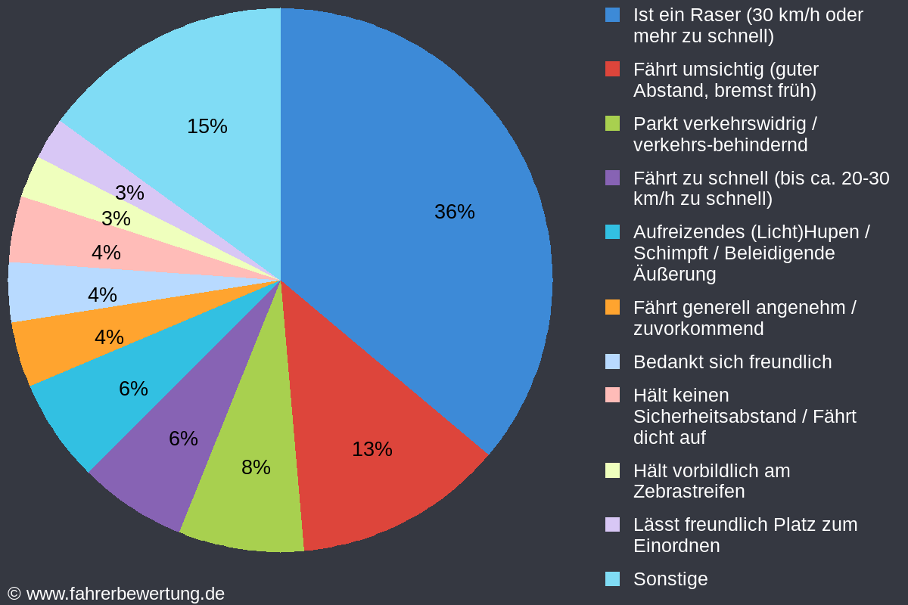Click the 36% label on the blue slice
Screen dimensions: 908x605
pos(455,212)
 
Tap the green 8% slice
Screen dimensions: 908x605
pos(251,466)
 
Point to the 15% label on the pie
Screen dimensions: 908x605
pos(207,126)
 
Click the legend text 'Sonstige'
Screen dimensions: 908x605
pos(670,579)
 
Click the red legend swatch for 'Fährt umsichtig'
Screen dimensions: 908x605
pos(612,69)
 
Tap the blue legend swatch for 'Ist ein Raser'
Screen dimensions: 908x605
pos(612,14)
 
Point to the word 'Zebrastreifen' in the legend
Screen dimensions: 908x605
pos(689,492)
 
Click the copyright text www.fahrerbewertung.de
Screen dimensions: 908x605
pos(126,594)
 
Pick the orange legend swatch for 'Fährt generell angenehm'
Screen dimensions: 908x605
pos(612,307)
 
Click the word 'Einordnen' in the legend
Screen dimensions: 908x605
pos(676,546)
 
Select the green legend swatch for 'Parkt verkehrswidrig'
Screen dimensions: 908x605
pos(612,123)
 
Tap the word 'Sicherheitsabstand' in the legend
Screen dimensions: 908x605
pos(714,417)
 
